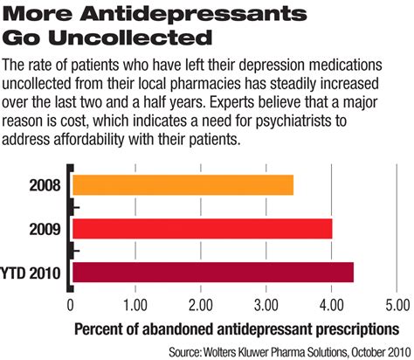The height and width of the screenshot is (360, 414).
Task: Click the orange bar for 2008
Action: (182, 185)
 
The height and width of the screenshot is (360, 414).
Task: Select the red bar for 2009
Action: (201, 228)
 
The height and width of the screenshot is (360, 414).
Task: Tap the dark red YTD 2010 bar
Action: (212, 271)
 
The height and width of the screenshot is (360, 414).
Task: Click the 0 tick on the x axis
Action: (71, 306)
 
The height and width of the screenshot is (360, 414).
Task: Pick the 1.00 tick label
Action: (135, 306)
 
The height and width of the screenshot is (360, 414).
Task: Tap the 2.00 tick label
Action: (201, 306)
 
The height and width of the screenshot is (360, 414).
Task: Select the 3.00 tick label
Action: (266, 306)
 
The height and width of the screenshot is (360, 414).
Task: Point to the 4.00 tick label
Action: (331, 306)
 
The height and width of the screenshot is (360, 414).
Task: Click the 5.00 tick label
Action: (396, 306)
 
